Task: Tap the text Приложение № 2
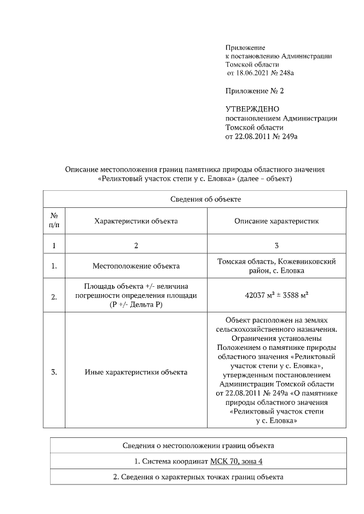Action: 254,91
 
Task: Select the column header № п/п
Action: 55,221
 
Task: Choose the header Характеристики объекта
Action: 136,221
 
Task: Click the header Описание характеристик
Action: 276,221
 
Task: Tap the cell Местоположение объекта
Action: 136,266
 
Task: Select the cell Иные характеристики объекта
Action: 136,373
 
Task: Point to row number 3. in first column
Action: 55,373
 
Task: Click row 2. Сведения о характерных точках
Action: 198,477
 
